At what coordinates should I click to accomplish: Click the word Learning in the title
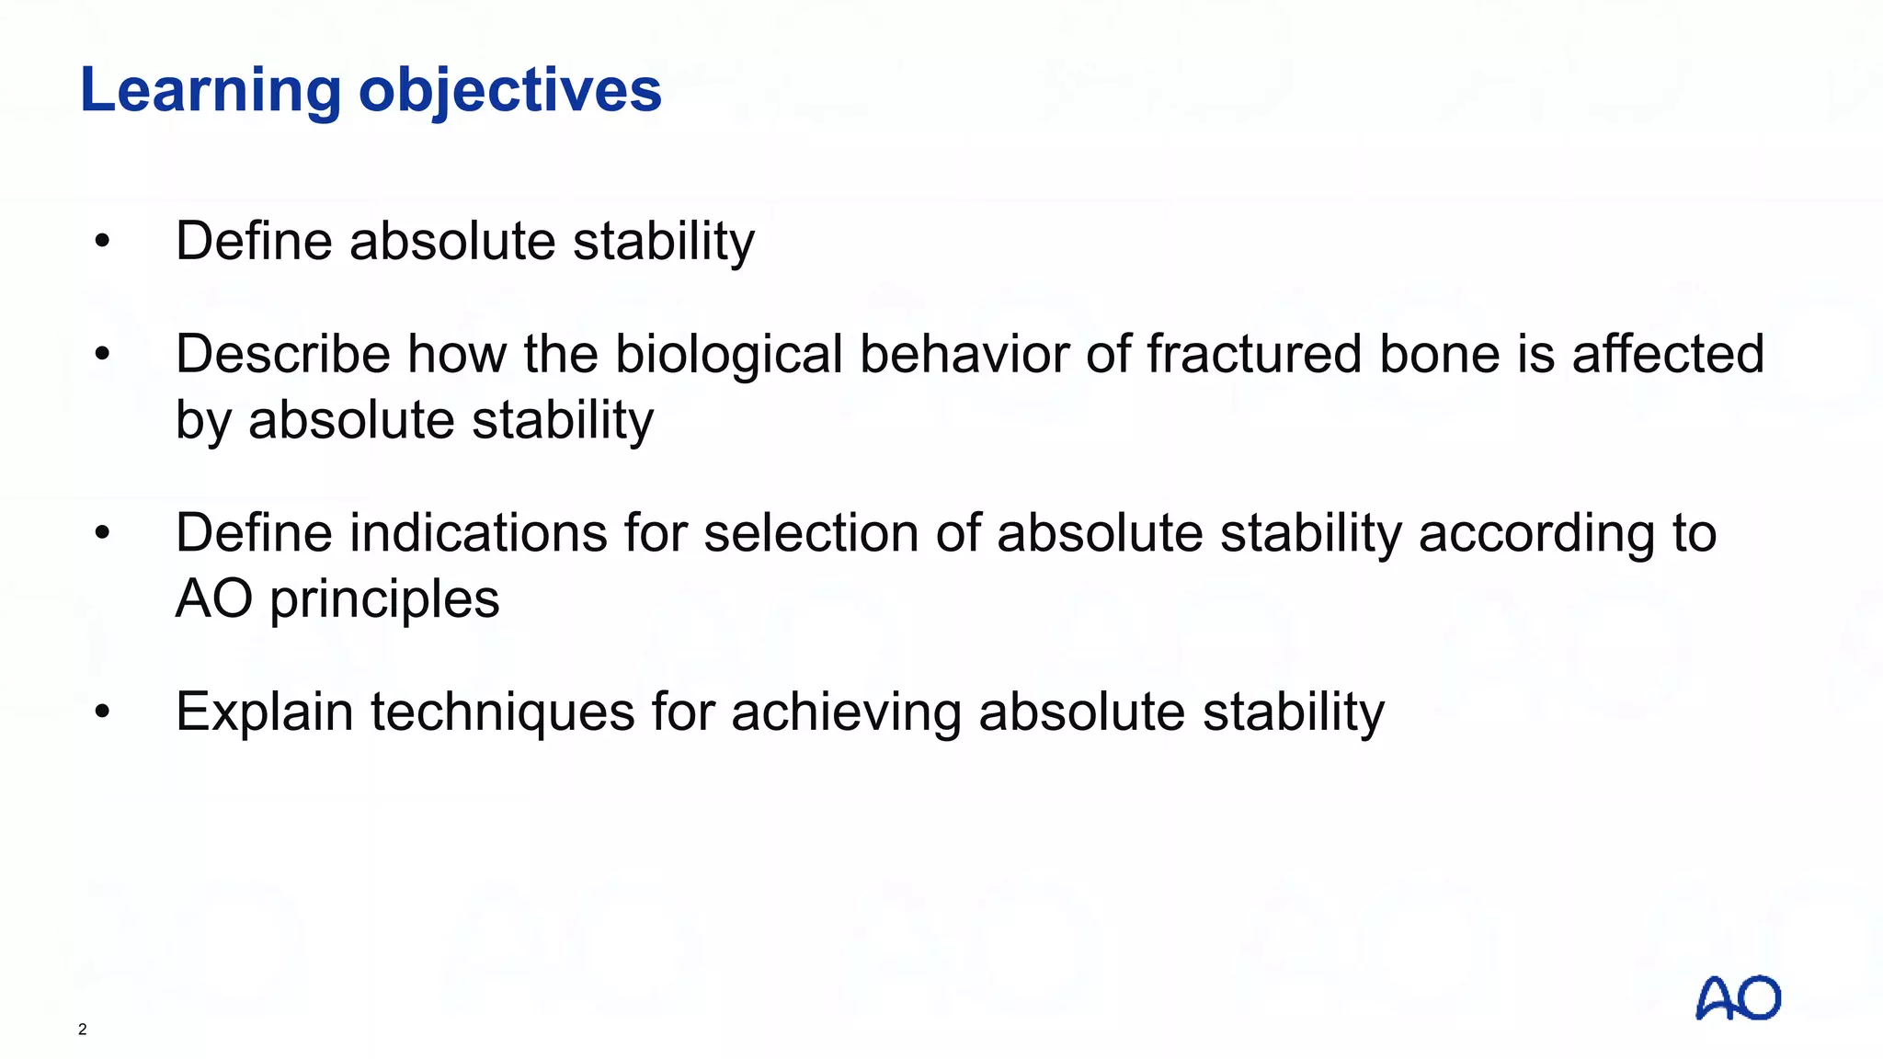point(211,91)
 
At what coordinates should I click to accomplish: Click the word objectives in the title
point(509,91)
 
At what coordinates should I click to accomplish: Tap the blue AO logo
point(1737,998)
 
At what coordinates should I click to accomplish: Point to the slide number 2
point(83,1030)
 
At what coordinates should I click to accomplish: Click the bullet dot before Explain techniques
point(102,712)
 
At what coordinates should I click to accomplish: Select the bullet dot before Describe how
point(102,354)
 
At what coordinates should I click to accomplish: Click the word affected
point(1668,354)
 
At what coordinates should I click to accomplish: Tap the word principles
point(384,600)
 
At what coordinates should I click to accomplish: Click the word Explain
point(264,713)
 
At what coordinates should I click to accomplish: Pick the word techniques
point(502,713)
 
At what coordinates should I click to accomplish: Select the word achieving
point(846,713)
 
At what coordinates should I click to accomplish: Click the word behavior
point(964,354)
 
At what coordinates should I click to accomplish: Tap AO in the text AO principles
point(213,598)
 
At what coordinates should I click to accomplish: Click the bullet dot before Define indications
point(102,533)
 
